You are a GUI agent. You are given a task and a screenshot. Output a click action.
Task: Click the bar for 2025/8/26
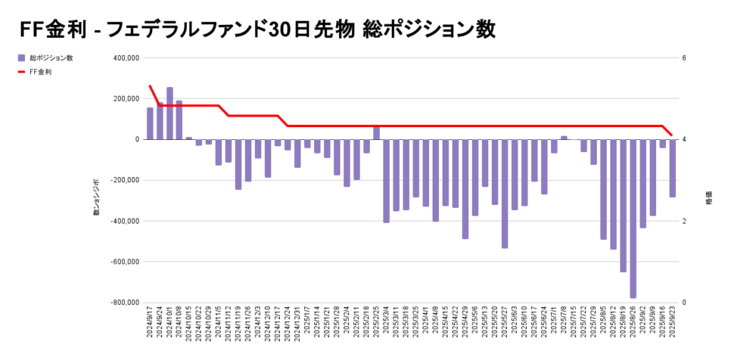click(632, 218)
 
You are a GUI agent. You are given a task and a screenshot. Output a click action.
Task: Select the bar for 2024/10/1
click(170, 114)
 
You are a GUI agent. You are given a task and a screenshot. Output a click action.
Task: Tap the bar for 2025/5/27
click(505, 193)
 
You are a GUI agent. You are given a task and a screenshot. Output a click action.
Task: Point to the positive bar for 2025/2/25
click(376, 133)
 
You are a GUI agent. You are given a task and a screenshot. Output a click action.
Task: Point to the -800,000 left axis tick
click(126, 303)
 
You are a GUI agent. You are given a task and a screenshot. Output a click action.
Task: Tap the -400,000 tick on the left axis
click(126, 221)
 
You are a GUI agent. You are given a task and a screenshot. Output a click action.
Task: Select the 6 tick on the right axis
click(684, 58)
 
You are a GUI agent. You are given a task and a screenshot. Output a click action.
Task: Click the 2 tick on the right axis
click(684, 221)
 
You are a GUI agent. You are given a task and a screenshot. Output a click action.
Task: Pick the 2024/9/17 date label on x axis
click(151, 324)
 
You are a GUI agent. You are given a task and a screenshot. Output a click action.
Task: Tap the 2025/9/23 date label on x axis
click(672, 324)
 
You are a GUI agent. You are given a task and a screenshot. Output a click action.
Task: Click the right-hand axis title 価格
click(708, 199)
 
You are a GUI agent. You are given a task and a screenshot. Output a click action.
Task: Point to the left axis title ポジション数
click(96, 199)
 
